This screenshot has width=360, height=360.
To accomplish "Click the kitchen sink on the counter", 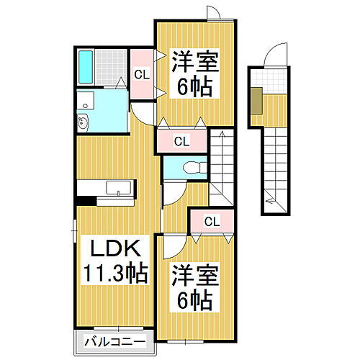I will coord(117,188).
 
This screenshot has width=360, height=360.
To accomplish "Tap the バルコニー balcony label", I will coord(114,340).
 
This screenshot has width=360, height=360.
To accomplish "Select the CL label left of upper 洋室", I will coord(142,73).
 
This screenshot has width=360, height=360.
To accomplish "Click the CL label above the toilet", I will coord(181,141).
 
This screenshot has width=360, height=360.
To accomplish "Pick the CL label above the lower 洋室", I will coord(212,221).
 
